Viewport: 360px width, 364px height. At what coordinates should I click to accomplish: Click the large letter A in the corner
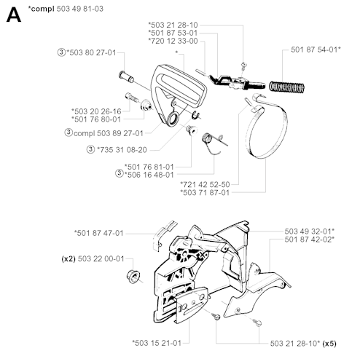pos(14,15)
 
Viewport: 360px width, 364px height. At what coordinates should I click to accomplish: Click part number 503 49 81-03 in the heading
pos(80,9)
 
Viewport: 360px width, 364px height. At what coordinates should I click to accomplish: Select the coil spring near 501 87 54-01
pos(286,87)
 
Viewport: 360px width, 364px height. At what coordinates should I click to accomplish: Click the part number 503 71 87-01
pos(205,192)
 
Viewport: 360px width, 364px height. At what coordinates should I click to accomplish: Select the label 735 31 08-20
pos(122,150)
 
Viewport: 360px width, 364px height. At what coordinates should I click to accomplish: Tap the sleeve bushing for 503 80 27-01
pos(126,76)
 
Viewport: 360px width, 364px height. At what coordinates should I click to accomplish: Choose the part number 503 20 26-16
pos(96,111)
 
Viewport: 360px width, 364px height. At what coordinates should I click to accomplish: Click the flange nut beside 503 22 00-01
pos(133,277)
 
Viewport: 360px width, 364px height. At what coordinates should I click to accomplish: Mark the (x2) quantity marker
pos(69,259)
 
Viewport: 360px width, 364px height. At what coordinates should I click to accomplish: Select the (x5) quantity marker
pos(329,344)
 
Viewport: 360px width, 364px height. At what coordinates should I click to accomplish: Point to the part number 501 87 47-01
pos(99,233)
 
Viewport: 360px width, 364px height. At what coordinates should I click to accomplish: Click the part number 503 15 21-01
pos(157,343)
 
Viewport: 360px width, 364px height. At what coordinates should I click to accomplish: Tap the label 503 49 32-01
pos(310,231)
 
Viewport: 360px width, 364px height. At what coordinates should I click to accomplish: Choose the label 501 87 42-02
pos(310,240)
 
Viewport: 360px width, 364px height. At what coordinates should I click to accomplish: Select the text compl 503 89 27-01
pos(109,133)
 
